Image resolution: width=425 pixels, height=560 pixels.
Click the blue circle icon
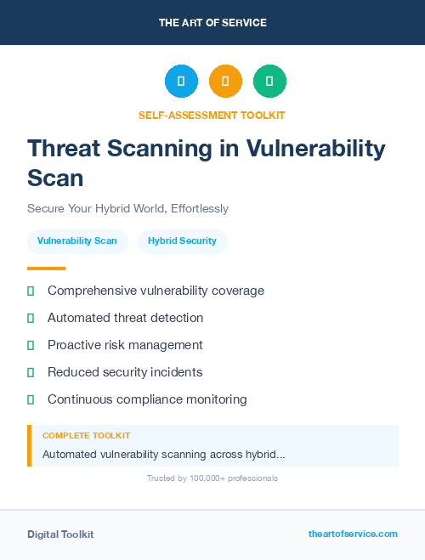click(181, 82)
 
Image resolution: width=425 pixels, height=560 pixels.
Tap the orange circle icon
click(225, 82)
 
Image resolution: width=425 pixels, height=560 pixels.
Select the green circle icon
click(269, 82)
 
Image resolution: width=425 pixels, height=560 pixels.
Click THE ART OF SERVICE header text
click(212, 23)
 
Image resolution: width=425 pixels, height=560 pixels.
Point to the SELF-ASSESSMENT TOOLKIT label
click(212, 115)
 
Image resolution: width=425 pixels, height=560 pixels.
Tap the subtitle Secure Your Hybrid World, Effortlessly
click(127, 208)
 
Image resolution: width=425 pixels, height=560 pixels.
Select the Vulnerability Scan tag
click(77, 240)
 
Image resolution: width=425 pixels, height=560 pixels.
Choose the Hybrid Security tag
click(182, 240)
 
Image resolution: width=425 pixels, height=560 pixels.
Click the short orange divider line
click(46, 269)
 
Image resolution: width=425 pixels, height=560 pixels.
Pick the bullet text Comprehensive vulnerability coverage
click(156, 291)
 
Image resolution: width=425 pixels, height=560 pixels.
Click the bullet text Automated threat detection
click(125, 318)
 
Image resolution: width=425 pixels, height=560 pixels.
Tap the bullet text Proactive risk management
click(125, 345)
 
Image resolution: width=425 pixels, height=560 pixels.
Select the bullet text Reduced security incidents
click(125, 372)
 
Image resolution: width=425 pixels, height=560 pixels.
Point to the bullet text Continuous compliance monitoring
click(147, 399)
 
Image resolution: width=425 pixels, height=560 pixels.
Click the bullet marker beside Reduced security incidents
click(31, 372)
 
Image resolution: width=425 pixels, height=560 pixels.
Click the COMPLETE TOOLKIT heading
click(86, 435)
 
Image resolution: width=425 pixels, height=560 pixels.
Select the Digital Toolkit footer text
click(60, 535)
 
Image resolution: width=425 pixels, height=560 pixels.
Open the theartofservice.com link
click(353, 534)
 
